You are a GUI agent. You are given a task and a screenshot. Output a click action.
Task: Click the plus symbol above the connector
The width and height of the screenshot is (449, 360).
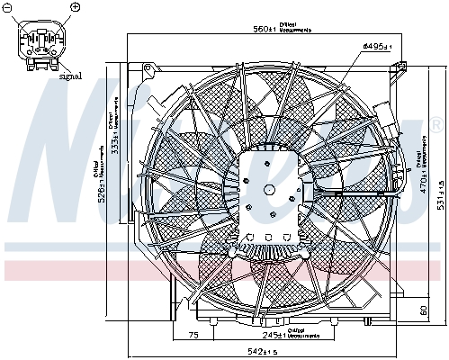pos(75,8)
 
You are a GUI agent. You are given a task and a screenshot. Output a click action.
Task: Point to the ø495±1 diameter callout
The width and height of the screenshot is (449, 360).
pos(374,44)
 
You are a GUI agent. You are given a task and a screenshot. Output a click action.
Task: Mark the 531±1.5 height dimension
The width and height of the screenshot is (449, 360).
pos(438,192)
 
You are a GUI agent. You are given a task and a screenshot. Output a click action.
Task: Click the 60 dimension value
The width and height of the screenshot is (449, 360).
pos(423,311)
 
